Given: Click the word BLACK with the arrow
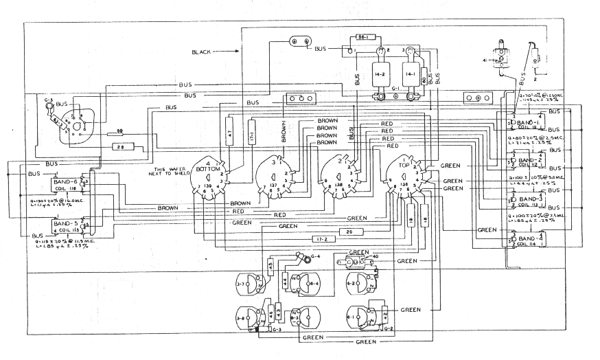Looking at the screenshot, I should point(208,52).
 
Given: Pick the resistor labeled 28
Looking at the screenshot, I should point(121,148).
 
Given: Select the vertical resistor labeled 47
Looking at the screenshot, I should point(231,128).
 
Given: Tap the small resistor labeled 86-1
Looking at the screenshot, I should point(365,38).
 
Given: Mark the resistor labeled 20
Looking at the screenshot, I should point(349,233).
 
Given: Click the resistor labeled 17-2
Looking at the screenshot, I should point(321,239).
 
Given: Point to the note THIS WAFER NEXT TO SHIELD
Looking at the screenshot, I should point(167,171).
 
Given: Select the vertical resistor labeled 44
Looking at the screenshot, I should point(285,280).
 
